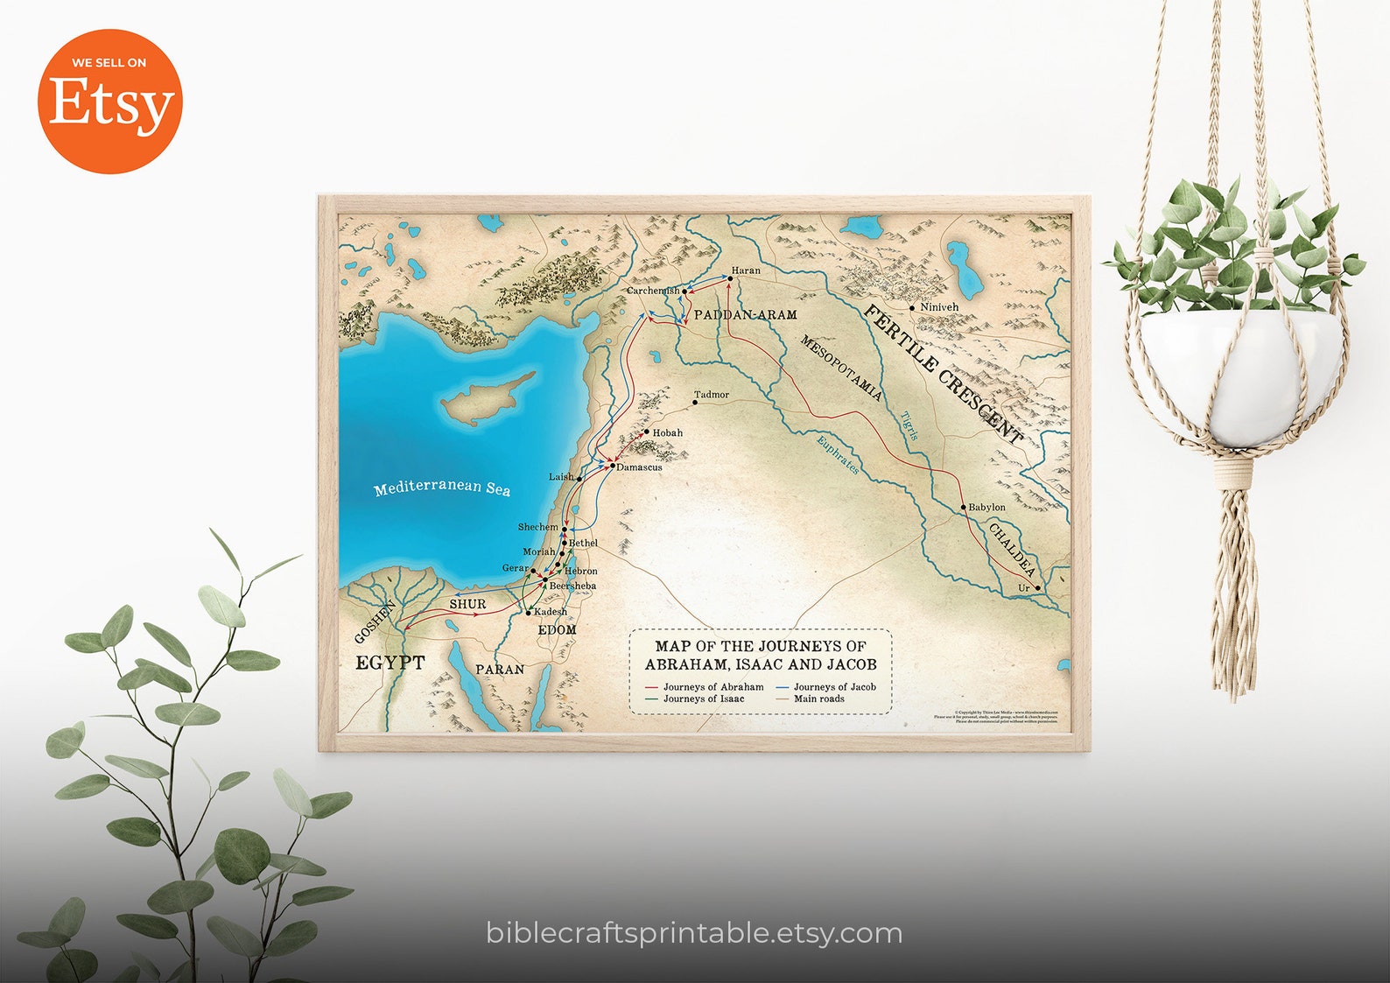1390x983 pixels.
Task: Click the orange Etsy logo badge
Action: coord(109,102)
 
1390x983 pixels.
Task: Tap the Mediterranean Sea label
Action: coord(441,488)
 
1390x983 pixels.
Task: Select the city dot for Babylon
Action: coord(963,507)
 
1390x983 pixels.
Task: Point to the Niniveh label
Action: coord(939,307)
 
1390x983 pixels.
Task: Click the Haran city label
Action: coord(746,270)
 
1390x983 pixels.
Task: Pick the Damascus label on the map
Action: coord(639,467)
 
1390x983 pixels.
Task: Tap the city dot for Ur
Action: coord(1037,588)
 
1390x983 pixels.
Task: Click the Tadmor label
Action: coord(712,395)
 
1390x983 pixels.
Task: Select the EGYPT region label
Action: coord(390,663)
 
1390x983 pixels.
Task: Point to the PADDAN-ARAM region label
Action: coord(745,314)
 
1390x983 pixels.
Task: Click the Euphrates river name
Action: coord(838,455)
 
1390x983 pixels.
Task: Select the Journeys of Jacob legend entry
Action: coord(834,687)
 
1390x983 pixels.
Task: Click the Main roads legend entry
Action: coord(818,699)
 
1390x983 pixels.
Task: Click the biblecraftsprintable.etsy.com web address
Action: coord(694,933)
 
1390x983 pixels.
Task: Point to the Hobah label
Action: coord(668,432)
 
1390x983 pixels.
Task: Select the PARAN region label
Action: coord(500,670)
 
